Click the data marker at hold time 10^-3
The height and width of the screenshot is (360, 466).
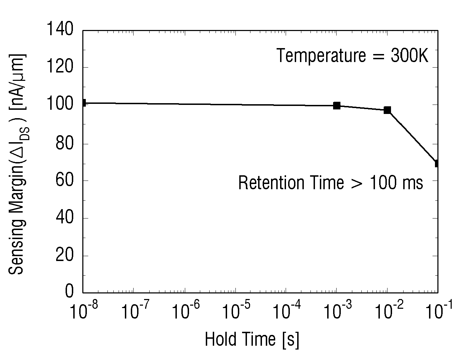337,106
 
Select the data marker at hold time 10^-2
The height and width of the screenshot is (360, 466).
387,110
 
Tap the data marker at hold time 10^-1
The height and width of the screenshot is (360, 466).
436,163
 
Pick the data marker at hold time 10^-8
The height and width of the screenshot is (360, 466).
84,103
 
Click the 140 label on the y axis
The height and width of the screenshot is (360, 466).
60,29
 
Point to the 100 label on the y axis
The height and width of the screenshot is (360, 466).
60,103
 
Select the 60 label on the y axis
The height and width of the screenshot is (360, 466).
64,180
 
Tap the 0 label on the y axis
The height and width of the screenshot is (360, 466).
69,291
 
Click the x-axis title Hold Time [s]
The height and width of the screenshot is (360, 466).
252,340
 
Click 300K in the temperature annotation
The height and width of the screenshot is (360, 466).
409,55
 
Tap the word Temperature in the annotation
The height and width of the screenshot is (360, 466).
321,56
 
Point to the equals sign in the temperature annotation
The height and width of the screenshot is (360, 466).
378,56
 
